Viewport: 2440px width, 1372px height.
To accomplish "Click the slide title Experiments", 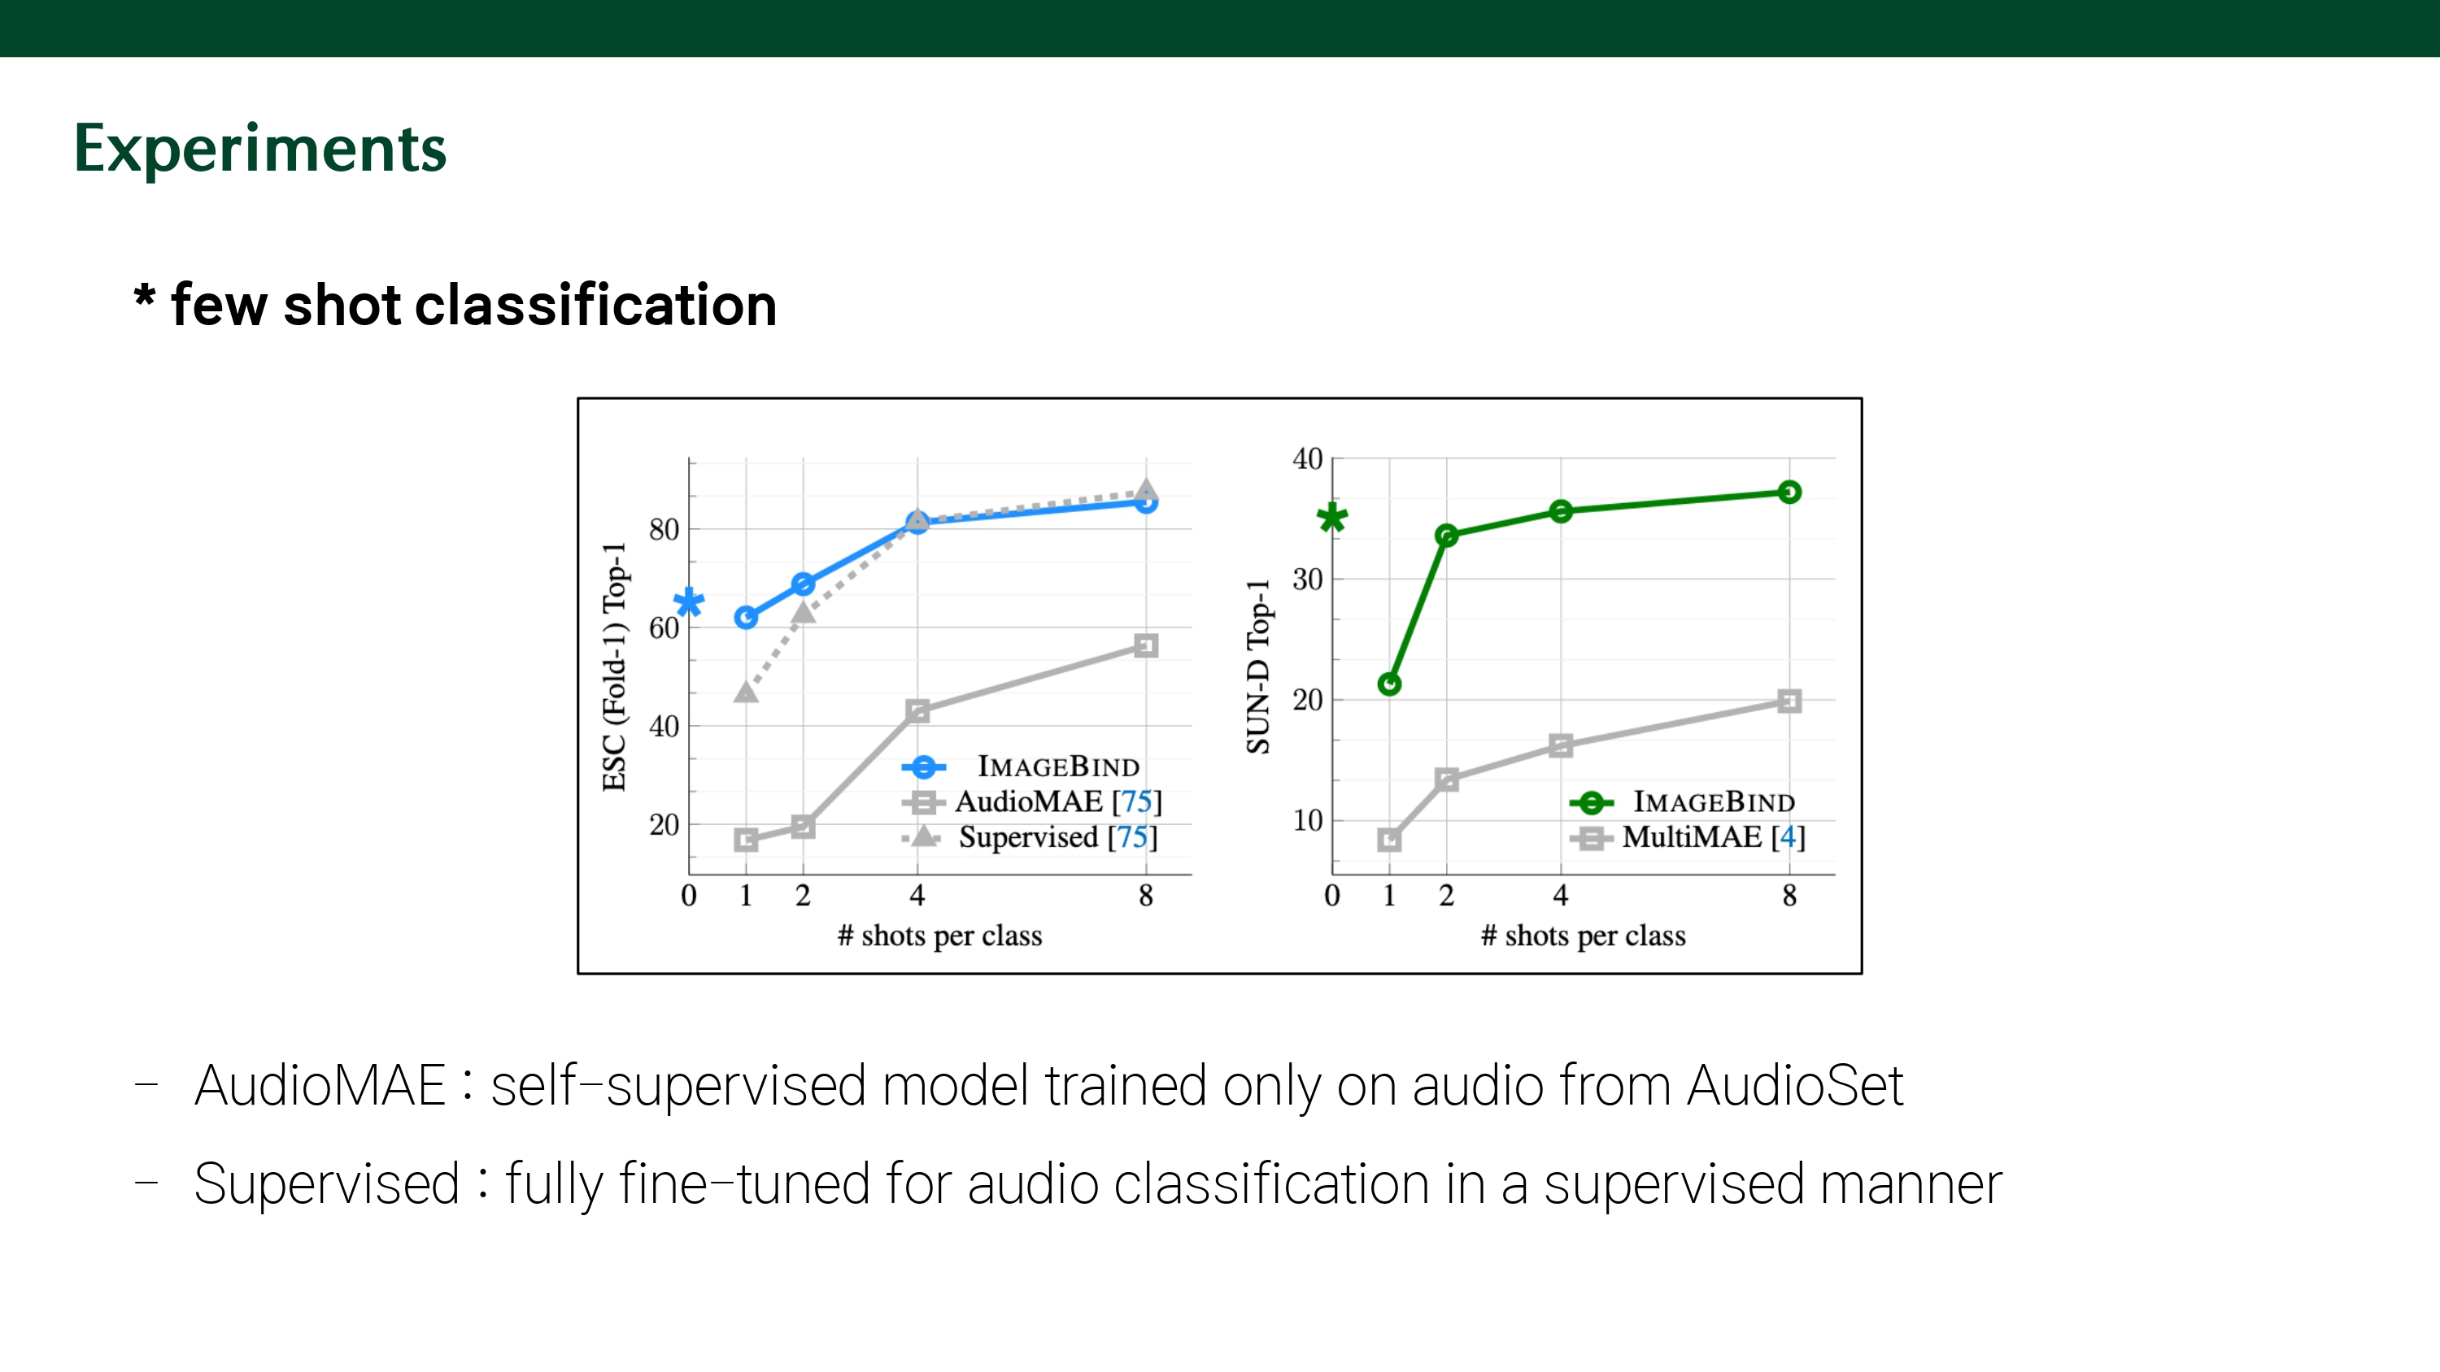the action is click(x=259, y=149).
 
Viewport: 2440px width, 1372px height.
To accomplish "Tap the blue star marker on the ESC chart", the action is click(x=689, y=603).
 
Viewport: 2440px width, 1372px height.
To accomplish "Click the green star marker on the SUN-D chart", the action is click(x=1331, y=517).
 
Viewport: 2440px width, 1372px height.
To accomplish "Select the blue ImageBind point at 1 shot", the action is click(x=746, y=618).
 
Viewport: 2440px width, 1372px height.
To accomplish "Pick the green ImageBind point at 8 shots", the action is click(x=1789, y=492).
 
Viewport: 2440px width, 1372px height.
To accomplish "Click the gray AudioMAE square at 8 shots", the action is click(x=1146, y=645).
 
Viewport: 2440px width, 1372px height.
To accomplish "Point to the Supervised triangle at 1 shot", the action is click(x=746, y=693).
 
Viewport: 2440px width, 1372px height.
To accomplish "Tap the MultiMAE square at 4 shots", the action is click(x=1561, y=745).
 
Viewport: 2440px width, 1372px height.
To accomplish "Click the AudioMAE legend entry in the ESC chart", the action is click(x=1057, y=802).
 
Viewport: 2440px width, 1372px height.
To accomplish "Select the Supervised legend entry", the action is click(x=1057, y=837).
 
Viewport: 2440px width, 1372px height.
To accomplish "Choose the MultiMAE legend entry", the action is click(x=1713, y=837).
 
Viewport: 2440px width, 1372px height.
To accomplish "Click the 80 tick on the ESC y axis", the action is click(x=664, y=529).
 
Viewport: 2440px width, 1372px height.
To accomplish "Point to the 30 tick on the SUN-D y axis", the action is click(x=1307, y=579).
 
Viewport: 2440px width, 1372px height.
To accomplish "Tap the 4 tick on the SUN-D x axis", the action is click(x=1561, y=895).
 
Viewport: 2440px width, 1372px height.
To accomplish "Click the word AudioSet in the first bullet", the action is click(x=1794, y=1085).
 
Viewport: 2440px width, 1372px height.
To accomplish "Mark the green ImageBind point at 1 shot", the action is click(x=1389, y=684).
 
